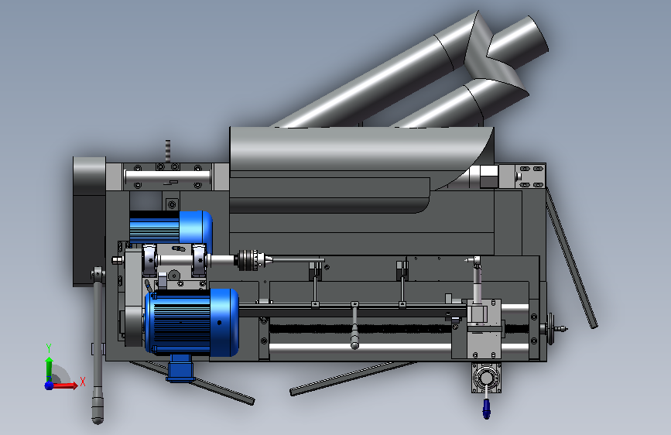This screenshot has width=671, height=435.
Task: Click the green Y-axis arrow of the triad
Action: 49,366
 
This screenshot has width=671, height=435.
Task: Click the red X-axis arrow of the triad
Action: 64,385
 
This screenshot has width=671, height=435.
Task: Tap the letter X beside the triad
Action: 83,381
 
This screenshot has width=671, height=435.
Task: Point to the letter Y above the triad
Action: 49,348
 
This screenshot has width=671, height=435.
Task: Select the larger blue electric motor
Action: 192,322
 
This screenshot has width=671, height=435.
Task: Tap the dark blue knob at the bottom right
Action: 487,408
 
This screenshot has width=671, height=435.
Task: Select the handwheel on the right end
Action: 551,329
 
